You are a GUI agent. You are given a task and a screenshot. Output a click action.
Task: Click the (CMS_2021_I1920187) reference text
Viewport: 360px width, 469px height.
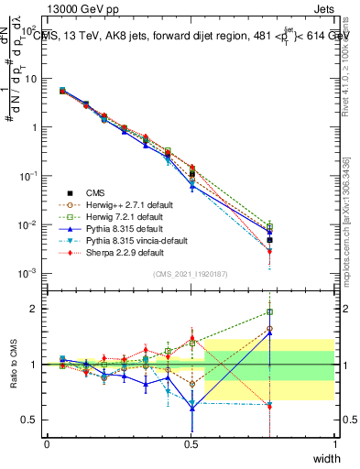[190, 275]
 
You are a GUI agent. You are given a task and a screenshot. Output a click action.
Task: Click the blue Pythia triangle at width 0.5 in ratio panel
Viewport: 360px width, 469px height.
[191, 406]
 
